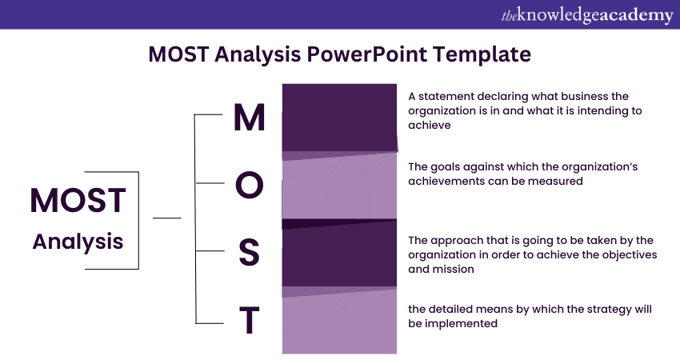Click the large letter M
click(x=249, y=117)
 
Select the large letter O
click(x=249, y=185)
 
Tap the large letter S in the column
click(x=250, y=253)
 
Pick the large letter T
click(x=250, y=322)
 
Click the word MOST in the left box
click(x=78, y=201)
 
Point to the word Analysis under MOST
click(x=78, y=241)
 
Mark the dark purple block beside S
click(x=339, y=254)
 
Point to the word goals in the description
click(x=447, y=166)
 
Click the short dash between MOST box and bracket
click(x=166, y=217)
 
